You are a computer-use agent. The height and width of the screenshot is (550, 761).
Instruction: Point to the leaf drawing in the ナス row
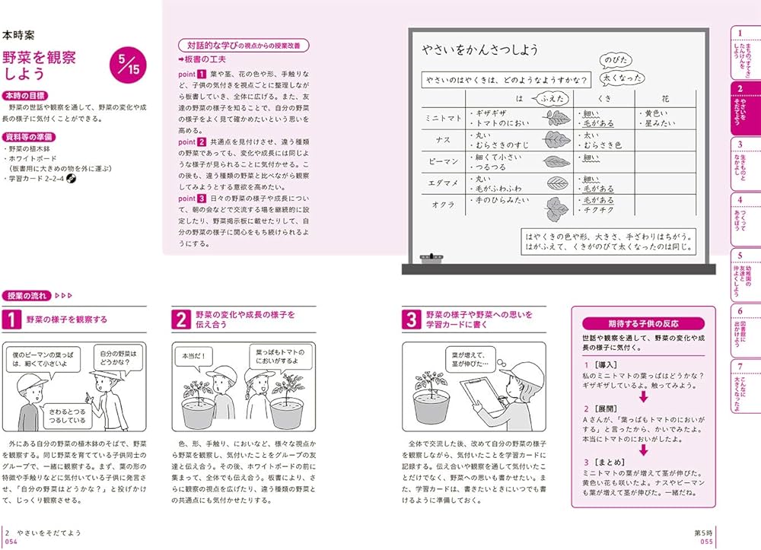pos(556,139)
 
